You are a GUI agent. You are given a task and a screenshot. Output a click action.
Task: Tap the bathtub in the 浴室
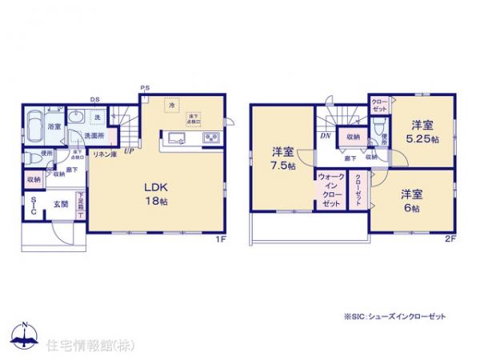click(36, 125)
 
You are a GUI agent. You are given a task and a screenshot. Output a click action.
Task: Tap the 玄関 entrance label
click(61, 203)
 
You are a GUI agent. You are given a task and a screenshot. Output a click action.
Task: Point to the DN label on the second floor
click(326, 137)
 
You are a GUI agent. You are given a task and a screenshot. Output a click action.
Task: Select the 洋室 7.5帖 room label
click(282, 158)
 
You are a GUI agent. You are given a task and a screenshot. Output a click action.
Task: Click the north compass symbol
click(24, 334)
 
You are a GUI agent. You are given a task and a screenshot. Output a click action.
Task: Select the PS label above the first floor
click(145, 87)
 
